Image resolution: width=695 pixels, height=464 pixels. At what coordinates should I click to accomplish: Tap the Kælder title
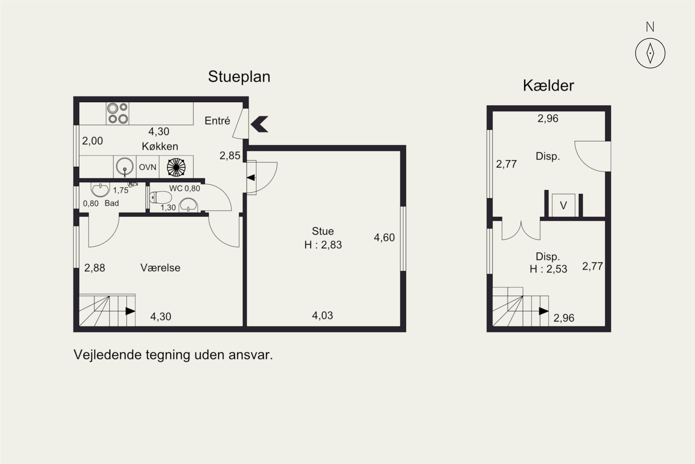click(x=548, y=86)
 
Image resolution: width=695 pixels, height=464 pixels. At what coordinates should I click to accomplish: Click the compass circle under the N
click(x=650, y=53)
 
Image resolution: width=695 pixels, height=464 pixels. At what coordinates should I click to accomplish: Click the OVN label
click(x=147, y=167)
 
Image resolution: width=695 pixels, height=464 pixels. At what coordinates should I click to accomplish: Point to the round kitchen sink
click(x=124, y=166)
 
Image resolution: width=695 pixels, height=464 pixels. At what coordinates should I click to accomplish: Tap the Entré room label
click(x=217, y=121)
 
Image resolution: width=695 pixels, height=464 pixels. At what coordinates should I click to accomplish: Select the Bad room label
click(x=112, y=203)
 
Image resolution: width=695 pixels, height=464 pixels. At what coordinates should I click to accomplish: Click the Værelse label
click(x=160, y=268)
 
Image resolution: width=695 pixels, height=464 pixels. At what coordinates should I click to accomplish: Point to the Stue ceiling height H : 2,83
click(x=323, y=245)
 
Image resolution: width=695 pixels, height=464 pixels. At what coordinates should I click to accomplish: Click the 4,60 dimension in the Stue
click(x=384, y=238)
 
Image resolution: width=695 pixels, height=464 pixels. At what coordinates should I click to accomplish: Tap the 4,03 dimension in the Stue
click(x=322, y=316)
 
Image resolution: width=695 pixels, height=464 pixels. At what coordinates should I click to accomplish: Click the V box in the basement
click(x=563, y=205)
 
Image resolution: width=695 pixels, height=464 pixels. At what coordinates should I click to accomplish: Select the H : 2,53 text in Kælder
click(x=548, y=269)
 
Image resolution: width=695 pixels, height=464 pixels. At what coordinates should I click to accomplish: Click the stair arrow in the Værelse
click(x=130, y=311)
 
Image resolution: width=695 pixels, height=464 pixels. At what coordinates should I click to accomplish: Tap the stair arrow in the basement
click(x=543, y=311)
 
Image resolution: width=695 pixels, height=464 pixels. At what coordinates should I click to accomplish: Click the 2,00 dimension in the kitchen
click(x=92, y=141)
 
